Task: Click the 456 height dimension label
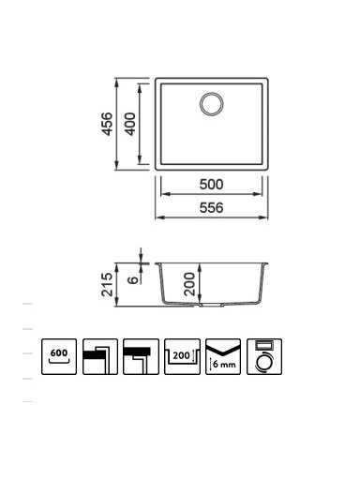click(x=107, y=124)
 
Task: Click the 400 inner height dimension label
click(x=130, y=124)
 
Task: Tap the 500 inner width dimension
click(x=211, y=185)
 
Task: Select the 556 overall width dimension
click(x=211, y=208)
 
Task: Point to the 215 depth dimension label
click(x=107, y=284)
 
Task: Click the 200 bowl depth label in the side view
click(x=189, y=284)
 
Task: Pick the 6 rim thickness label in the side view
click(x=133, y=279)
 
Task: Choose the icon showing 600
click(x=59, y=356)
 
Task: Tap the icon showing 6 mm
click(x=223, y=356)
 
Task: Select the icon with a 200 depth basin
click(x=182, y=356)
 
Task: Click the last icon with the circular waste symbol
click(x=264, y=356)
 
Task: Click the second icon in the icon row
click(x=100, y=356)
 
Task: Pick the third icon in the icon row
click(x=141, y=356)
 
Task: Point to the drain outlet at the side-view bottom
click(x=211, y=305)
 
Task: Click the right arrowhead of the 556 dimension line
click(x=264, y=217)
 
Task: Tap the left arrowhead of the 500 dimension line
click(x=165, y=194)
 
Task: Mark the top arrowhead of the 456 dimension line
click(x=116, y=82)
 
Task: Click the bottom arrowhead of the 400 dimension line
click(x=140, y=159)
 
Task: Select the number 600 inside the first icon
click(x=59, y=352)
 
